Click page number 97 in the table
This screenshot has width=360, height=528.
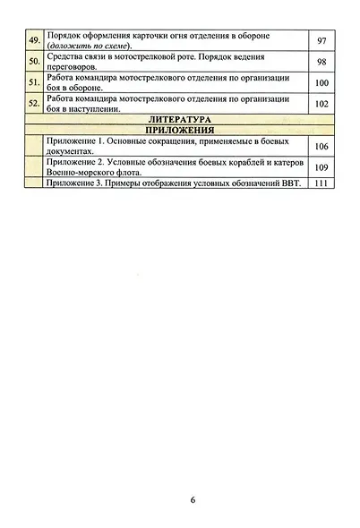(322, 42)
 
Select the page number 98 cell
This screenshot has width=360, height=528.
(322, 64)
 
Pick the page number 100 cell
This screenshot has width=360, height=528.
(322, 85)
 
